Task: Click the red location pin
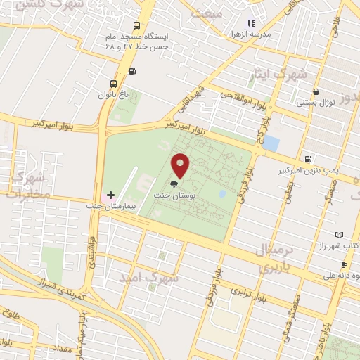tap(181, 165)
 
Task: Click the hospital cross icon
tap(110, 194)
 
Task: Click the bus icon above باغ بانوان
tap(115, 82)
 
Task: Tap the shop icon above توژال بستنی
tap(316, 91)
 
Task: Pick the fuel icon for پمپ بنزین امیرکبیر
tap(308, 158)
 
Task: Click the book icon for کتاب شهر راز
tap(340, 234)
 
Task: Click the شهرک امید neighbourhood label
tap(150, 278)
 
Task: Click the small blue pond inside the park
tap(222, 193)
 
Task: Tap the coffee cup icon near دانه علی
tap(344, 264)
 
